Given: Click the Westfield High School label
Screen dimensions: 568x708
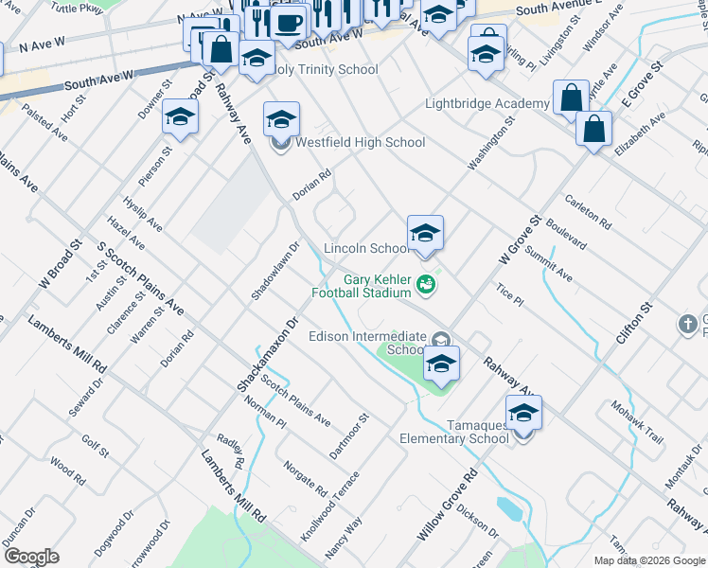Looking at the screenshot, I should coord(360,143).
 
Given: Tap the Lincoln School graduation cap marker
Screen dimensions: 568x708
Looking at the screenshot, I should coord(426,233).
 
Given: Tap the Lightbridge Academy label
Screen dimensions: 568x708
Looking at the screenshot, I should coord(487,103).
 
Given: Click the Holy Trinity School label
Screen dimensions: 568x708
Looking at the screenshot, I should coord(324,69).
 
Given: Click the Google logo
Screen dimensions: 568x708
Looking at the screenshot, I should coord(30,557).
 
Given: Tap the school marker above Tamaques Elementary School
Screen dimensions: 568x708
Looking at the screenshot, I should coord(523,413).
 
